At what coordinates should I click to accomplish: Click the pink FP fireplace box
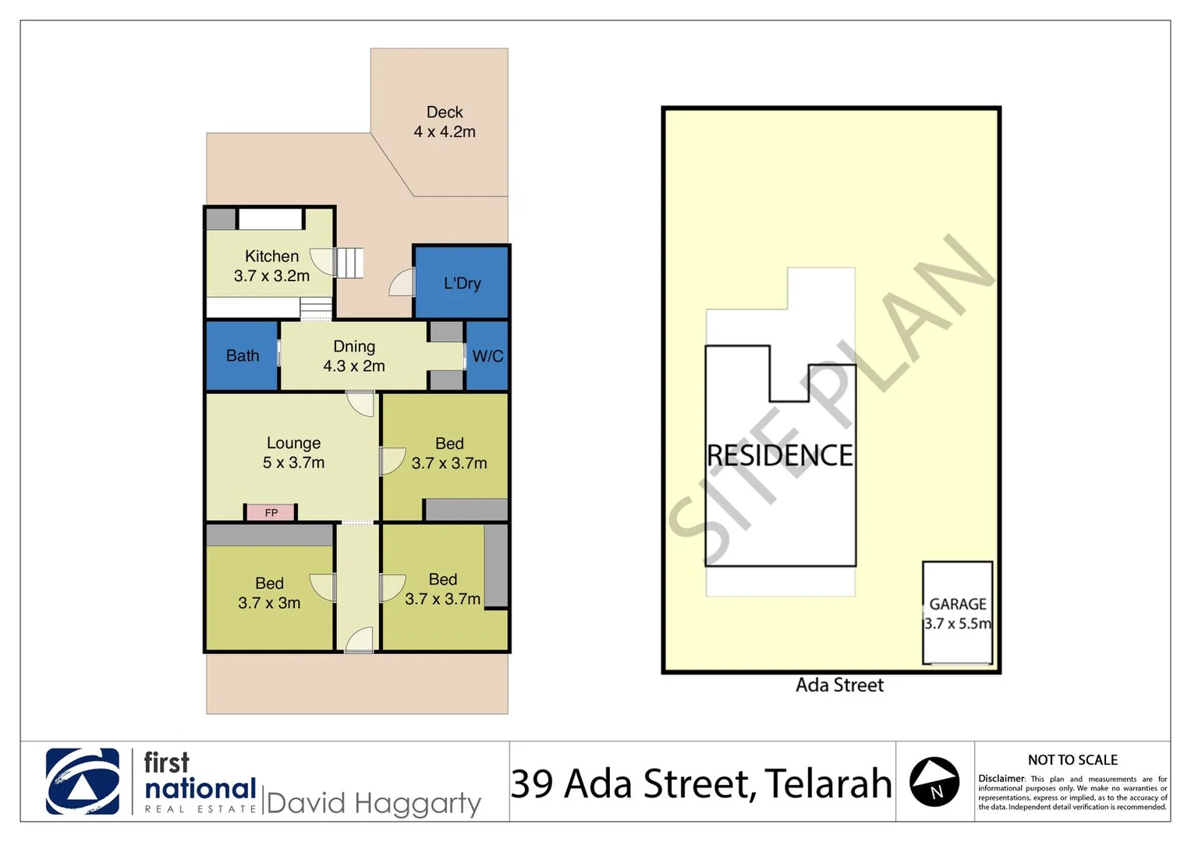point(271,512)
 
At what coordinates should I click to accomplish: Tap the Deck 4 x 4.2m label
point(445,122)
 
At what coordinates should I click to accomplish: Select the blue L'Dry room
point(462,282)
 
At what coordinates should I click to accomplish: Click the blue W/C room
point(487,356)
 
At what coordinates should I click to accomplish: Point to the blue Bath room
point(243,356)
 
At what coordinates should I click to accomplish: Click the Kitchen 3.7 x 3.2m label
point(271,266)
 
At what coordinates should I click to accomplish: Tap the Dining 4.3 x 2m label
point(354,356)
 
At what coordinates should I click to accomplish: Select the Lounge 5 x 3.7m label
point(293,453)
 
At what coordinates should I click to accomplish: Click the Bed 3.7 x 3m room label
point(269,593)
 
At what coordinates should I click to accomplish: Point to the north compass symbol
point(934,782)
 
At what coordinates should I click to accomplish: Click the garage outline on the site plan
point(958,613)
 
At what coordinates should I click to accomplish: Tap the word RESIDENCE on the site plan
point(779,455)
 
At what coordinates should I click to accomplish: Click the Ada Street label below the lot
point(839,685)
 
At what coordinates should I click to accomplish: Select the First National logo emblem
point(83,782)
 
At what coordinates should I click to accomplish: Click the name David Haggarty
point(374,803)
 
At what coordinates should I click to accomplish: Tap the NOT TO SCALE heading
point(1072,760)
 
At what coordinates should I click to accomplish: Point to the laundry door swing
point(402,282)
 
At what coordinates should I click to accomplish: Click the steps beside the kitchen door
point(349,263)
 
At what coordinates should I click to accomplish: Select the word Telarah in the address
point(828,784)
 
